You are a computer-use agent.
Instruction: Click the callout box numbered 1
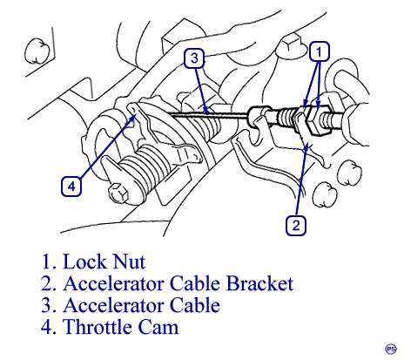point(319,51)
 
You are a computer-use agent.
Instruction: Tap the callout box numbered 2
point(296,225)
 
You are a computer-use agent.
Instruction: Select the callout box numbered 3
point(194,58)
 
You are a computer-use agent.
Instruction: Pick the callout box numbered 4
point(71,186)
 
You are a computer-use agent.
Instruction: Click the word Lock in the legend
point(84,262)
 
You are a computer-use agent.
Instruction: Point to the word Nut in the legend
point(129,262)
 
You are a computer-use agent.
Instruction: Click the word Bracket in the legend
point(259,283)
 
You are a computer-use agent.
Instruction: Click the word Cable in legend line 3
point(194,305)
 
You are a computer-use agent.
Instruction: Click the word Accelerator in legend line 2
point(113,283)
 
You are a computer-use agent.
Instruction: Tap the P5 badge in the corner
point(391,349)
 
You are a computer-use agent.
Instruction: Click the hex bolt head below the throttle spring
point(118,193)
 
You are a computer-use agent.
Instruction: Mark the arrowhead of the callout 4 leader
point(134,117)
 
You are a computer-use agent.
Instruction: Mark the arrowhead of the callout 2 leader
point(306,146)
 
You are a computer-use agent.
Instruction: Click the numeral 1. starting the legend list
point(50,262)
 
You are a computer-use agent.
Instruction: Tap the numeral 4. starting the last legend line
point(49,327)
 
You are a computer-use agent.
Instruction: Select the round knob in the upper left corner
point(36,51)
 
